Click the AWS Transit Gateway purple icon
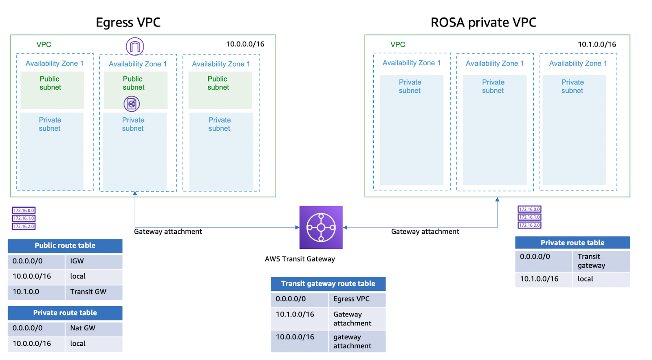pyautogui.click(x=321, y=227)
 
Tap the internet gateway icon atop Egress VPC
pyautogui.click(x=135, y=46)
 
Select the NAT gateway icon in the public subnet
pyautogui.click(x=132, y=103)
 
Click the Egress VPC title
pyautogui.click(x=128, y=22)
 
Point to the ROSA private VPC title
pyautogui.click(x=483, y=22)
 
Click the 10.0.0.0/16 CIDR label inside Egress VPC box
pyautogui.click(x=245, y=44)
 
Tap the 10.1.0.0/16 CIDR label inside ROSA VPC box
pyautogui.click(x=597, y=44)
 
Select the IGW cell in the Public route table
pyautogui.click(x=94, y=261)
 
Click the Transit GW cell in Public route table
pyautogui.click(x=94, y=292)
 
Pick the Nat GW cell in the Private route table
pyautogui.click(x=94, y=328)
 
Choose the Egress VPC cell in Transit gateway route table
pyautogui.click(x=357, y=299)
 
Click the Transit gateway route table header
pyautogui.click(x=328, y=284)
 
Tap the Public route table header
pyautogui.click(x=65, y=246)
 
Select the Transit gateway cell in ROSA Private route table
pyautogui.click(x=601, y=261)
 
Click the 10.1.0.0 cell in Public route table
pyautogui.click(x=36, y=292)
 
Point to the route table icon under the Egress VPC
pyautogui.click(x=24, y=218)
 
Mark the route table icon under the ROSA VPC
pyautogui.click(x=529, y=217)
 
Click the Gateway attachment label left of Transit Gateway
pyautogui.click(x=168, y=231)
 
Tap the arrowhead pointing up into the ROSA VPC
pyautogui.click(x=497, y=200)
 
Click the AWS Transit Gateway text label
pyautogui.click(x=300, y=259)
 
